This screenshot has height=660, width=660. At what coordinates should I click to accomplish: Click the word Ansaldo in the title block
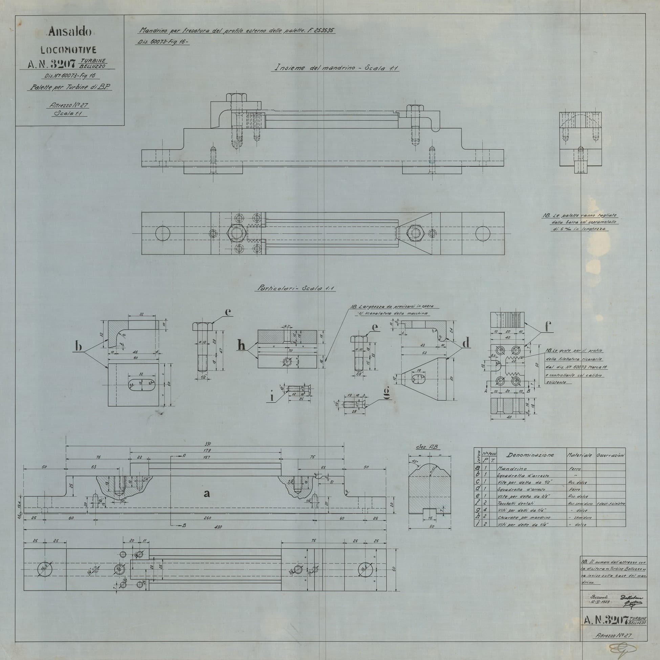(70, 32)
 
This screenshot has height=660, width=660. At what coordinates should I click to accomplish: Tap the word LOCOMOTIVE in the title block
(68, 50)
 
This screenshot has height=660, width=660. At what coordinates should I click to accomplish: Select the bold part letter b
(79, 346)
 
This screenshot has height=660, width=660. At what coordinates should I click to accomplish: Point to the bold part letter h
(242, 346)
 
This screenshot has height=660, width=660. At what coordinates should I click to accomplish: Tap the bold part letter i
(272, 397)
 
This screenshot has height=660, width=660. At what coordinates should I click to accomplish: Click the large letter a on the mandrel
(207, 493)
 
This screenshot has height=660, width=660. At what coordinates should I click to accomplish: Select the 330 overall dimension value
(208, 444)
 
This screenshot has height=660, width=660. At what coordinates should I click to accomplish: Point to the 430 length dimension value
(218, 527)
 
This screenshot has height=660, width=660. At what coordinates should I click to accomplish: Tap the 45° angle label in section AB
(416, 461)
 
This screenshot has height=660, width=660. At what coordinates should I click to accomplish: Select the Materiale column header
(579, 455)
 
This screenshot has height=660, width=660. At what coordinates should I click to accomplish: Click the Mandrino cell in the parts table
(512, 469)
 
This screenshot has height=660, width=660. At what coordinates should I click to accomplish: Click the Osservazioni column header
(611, 455)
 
